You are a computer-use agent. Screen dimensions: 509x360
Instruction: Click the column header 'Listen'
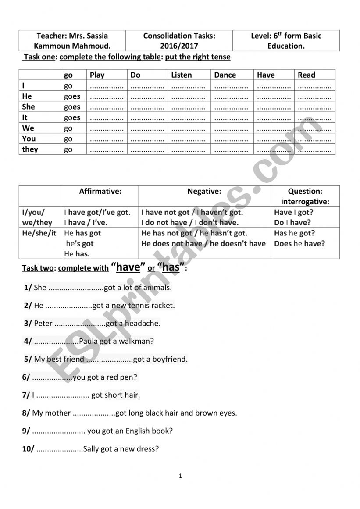(182, 75)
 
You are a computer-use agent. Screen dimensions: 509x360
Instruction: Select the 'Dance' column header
(225, 75)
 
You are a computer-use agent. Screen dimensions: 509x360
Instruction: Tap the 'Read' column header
(307, 75)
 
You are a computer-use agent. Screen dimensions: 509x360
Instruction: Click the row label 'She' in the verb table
(29, 107)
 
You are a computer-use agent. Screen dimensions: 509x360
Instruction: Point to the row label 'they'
(30, 149)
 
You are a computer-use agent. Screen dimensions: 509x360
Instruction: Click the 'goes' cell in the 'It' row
(72, 117)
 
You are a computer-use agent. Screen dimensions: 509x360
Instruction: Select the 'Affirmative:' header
(100, 191)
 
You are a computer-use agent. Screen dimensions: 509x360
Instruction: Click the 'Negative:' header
(204, 191)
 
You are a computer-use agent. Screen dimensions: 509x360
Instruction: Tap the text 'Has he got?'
(295, 233)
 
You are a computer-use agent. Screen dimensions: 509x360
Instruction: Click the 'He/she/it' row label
(39, 233)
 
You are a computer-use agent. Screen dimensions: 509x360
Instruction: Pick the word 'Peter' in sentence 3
(43, 324)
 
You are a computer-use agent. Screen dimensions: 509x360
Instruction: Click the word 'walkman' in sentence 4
(131, 341)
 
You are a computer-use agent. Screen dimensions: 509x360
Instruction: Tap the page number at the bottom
(180, 476)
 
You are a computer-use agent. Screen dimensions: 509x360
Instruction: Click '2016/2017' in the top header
(179, 46)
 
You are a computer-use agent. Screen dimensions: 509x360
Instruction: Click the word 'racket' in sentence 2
(163, 306)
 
